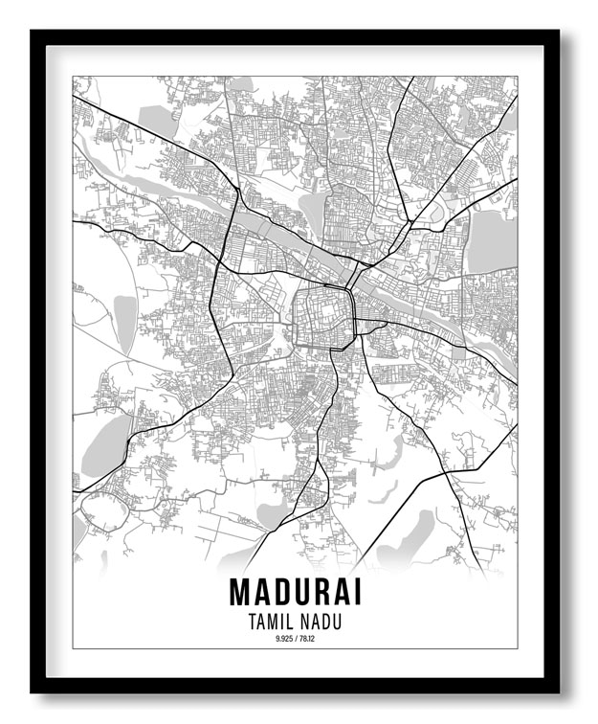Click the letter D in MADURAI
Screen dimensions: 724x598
[x=283, y=591]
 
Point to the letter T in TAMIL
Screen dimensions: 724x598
[x=251, y=622]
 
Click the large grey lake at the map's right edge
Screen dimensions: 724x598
[x=492, y=239]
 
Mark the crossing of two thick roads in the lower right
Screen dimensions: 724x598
[x=446, y=473]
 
